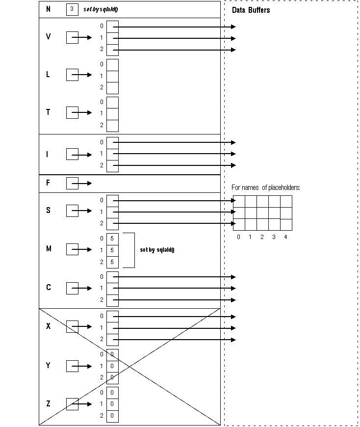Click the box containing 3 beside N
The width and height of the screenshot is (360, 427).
pyautogui.click(x=72, y=9)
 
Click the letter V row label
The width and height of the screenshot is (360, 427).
pyautogui.click(x=48, y=37)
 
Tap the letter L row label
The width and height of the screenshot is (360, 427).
pyautogui.click(x=48, y=75)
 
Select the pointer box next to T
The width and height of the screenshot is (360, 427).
pyautogui.click(x=72, y=112)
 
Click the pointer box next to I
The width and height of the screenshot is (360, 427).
pyautogui.click(x=72, y=155)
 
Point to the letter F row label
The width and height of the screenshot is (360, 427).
pyautogui.click(x=48, y=183)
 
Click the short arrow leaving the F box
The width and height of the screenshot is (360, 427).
pyautogui.click(x=85, y=184)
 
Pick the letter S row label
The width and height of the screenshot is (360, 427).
pyautogui.click(x=48, y=211)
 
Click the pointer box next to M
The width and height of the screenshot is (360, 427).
pyautogui.click(x=72, y=249)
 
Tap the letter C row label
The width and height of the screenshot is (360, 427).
pyautogui.click(x=48, y=287)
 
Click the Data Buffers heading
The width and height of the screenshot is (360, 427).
pyautogui.click(x=251, y=10)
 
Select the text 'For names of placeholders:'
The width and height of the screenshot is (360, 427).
pyautogui.click(x=266, y=187)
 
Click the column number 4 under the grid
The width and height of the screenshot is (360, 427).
pyautogui.click(x=285, y=237)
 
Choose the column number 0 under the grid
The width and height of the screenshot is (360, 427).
pyautogui.click(x=238, y=237)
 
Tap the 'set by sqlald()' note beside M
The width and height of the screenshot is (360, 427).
pyautogui.click(x=157, y=250)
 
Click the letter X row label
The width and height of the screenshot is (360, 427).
pyautogui.click(x=48, y=326)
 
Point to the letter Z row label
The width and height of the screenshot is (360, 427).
pyautogui.click(x=48, y=404)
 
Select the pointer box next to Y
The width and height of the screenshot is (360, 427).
pyautogui.click(x=72, y=366)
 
